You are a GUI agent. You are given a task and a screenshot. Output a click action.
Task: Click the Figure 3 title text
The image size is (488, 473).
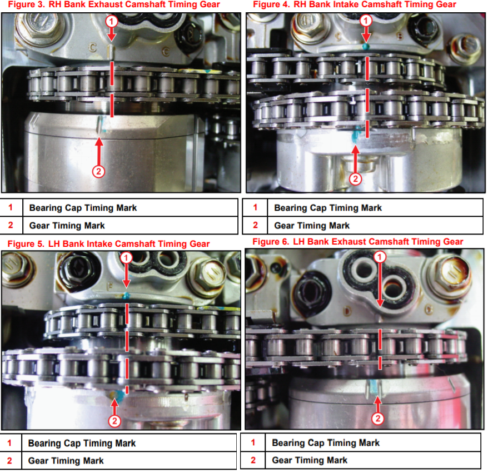114,4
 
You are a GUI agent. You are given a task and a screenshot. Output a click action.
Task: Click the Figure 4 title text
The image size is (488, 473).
355,4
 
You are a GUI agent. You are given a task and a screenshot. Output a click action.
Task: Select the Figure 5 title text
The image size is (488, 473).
108,243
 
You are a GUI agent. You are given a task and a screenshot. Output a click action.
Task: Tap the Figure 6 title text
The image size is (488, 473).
358,241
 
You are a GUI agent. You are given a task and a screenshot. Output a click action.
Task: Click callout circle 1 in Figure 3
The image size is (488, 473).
111,22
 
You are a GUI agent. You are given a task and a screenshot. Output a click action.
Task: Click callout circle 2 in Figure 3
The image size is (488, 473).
99,171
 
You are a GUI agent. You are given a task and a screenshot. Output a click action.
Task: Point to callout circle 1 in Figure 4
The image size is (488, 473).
366,21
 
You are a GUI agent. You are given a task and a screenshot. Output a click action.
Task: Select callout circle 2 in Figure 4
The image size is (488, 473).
355,178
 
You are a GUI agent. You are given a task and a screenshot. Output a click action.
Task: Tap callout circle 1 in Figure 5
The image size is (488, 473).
126,258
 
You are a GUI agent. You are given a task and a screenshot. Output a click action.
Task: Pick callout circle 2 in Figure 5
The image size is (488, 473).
114,421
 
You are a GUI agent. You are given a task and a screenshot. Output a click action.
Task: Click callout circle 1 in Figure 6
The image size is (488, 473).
380,257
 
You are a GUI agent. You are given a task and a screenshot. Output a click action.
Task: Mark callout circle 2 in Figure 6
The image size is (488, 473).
378,418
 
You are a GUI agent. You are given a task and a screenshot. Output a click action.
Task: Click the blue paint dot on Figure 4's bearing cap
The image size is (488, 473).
366,47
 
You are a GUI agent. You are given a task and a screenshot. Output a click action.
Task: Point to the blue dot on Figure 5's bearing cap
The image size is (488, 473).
126,295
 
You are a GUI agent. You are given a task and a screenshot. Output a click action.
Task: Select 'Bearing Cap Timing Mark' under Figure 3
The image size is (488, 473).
83,207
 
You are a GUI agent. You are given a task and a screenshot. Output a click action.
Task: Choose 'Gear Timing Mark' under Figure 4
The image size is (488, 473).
312,225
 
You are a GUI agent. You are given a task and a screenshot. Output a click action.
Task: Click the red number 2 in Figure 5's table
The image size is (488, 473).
9,461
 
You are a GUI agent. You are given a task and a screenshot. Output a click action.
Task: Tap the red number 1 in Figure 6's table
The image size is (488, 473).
253,442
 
